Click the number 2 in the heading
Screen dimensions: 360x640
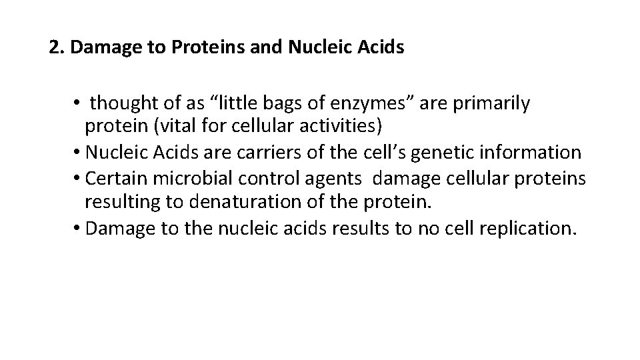(54, 49)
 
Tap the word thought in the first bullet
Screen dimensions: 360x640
(119, 103)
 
